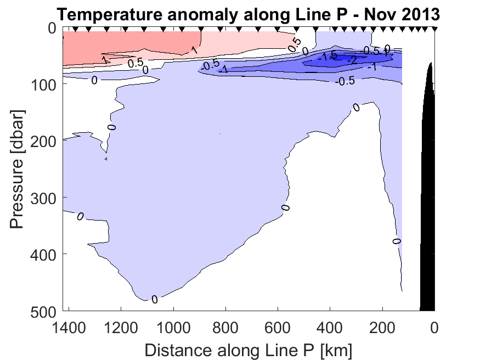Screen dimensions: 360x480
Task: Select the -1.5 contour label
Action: point(329,57)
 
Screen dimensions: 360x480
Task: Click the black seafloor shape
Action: point(428,220)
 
